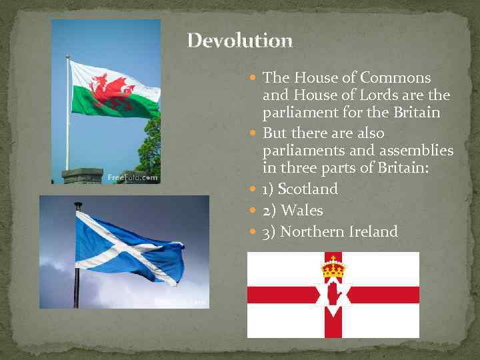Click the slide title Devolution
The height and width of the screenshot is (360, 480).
pyautogui.click(x=239, y=41)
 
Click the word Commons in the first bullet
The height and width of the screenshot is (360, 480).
pyautogui.click(x=399, y=78)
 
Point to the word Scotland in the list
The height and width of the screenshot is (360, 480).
pyautogui.click(x=308, y=189)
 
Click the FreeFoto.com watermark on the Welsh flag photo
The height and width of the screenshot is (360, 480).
pyautogui.click(x=133, y=178)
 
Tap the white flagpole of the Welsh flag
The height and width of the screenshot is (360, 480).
pyautogui.click(x=67, y=113)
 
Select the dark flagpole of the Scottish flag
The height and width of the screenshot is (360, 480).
pyautogui.click(x=78, y=267)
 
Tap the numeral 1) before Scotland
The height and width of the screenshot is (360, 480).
pyautogui.click(x=269, y=189)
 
